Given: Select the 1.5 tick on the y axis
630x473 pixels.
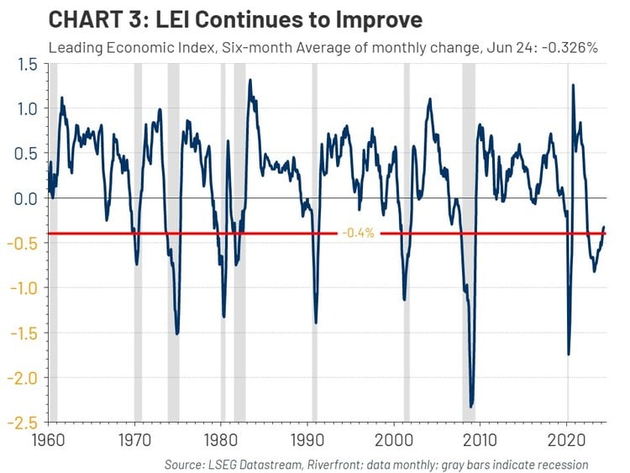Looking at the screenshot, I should tap(27, 64).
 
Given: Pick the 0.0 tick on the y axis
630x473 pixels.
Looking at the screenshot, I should tap(27, 198).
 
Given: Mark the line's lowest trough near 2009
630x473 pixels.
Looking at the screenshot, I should tap(471, 407).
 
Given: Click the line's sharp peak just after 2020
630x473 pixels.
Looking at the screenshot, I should tap(573, 85).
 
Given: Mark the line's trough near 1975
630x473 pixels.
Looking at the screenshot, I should tap(176, 334).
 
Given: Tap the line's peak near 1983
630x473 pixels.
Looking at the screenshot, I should tap(249, 81).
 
